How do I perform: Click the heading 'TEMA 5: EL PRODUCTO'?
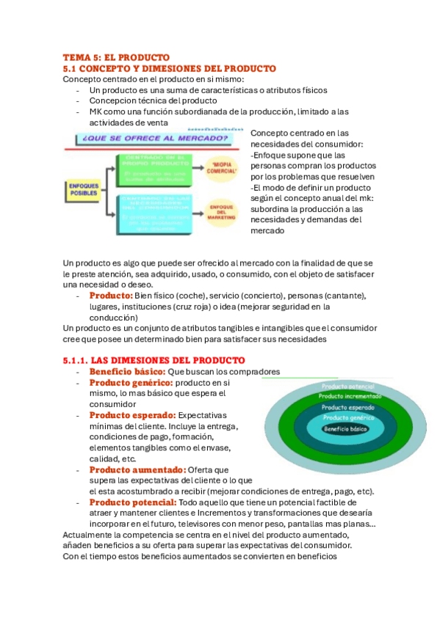116,57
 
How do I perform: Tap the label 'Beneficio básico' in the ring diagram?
345,429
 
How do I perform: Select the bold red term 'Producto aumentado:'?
137,469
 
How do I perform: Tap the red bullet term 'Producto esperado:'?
133,415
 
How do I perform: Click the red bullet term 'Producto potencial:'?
133,502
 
